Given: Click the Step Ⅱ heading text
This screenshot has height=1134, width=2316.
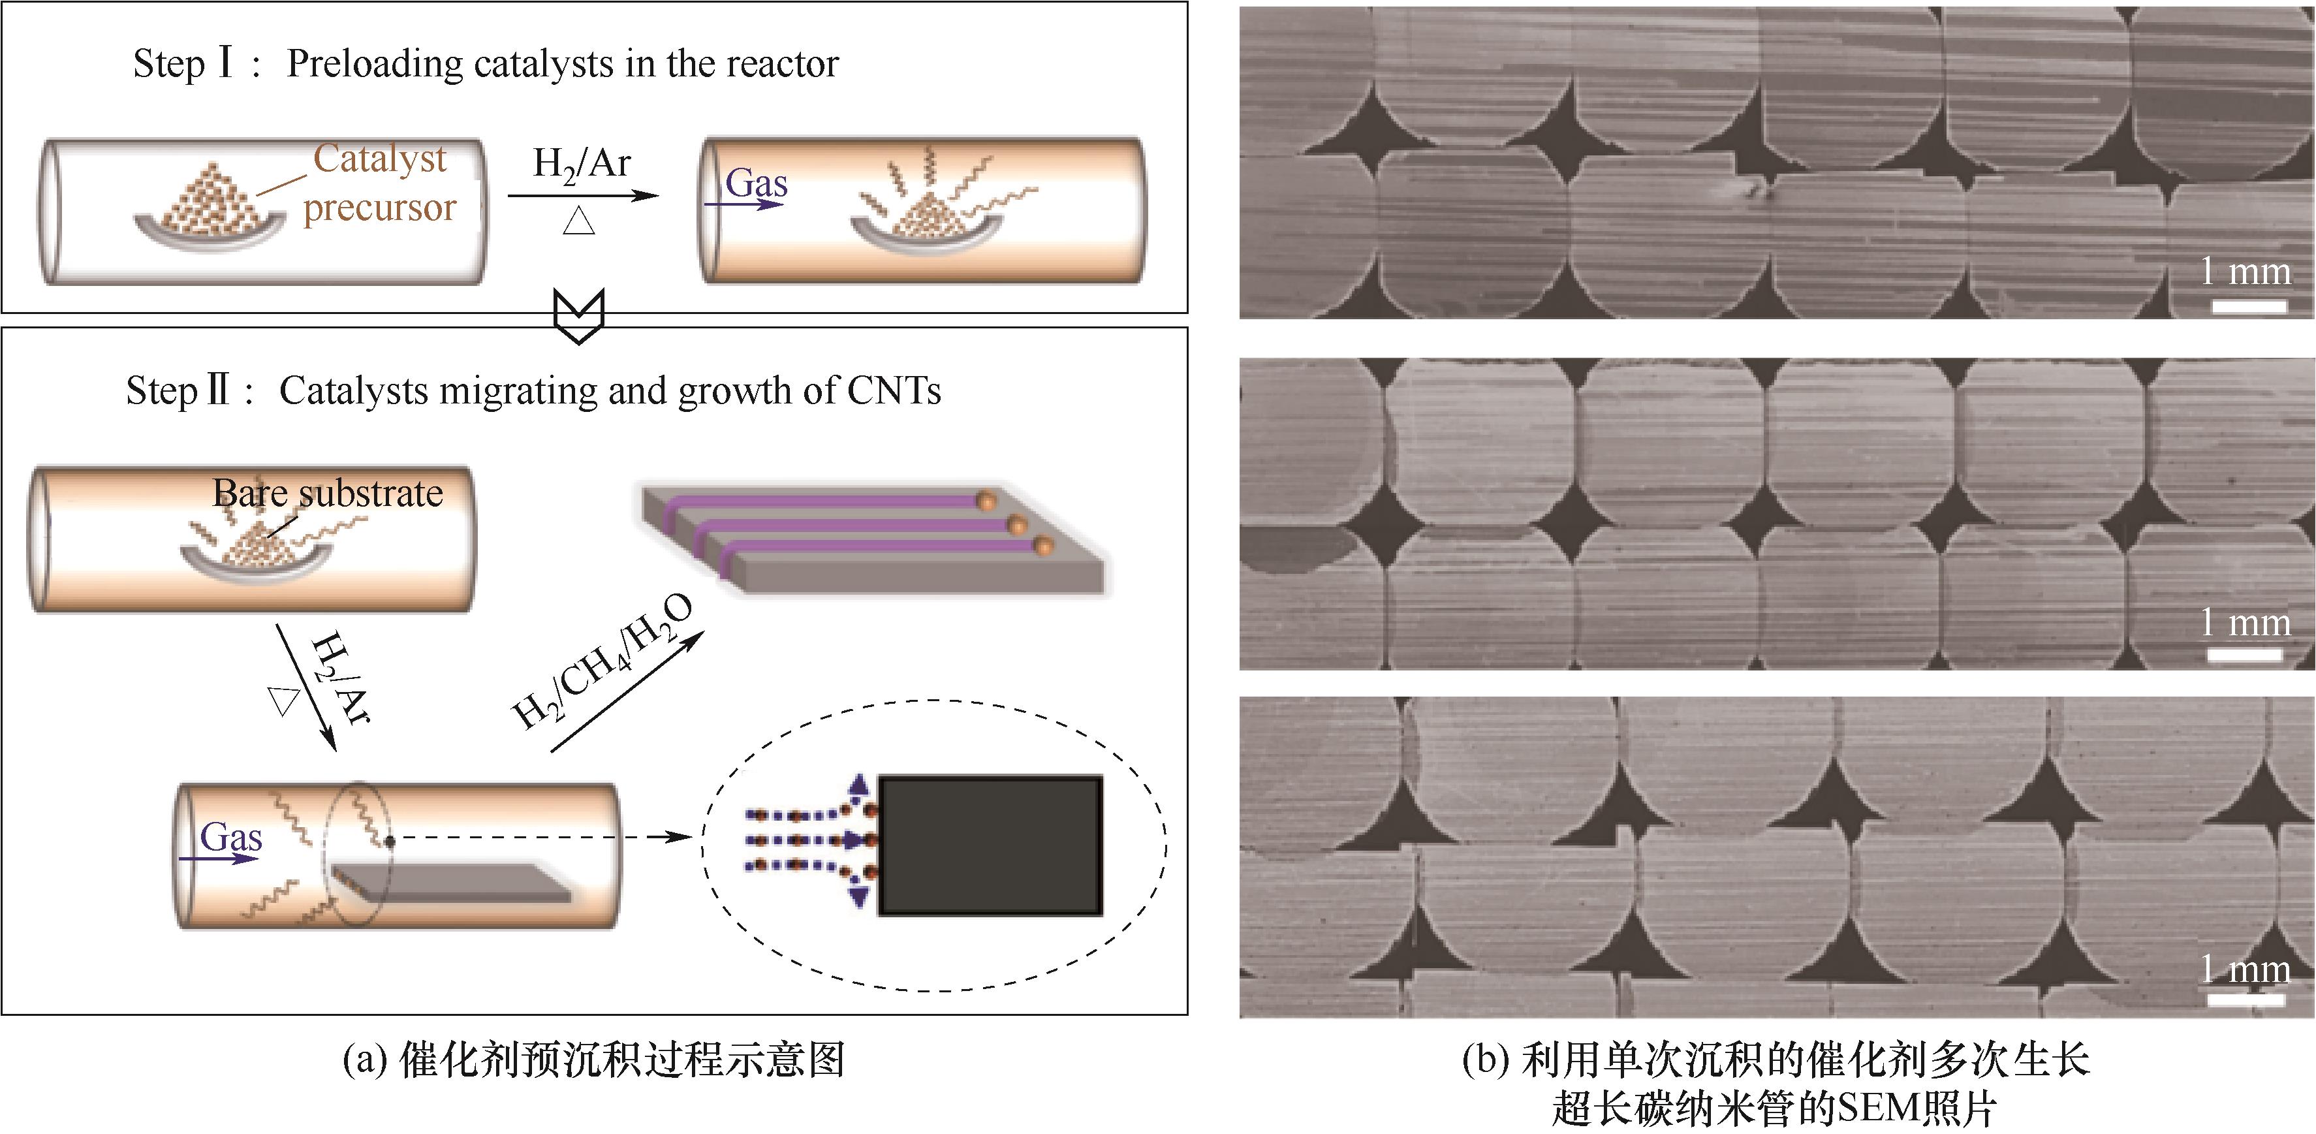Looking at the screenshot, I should point(533,390).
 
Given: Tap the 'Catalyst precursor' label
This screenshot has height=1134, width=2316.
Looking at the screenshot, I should point(379,183).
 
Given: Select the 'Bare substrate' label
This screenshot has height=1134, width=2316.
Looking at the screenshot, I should point(328,493).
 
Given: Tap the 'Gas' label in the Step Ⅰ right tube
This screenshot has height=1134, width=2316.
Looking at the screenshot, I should point(756,184).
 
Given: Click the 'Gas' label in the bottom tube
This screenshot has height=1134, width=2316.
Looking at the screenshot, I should point(231,838).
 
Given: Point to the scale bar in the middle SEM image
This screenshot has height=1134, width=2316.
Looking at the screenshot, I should point(2245,655).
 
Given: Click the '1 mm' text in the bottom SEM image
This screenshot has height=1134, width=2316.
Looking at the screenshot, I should point(2244,969).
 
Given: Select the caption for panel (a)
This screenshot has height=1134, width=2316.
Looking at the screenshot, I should point(594,1061).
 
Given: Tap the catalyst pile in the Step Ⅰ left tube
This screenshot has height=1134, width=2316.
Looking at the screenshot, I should point(210,202).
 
